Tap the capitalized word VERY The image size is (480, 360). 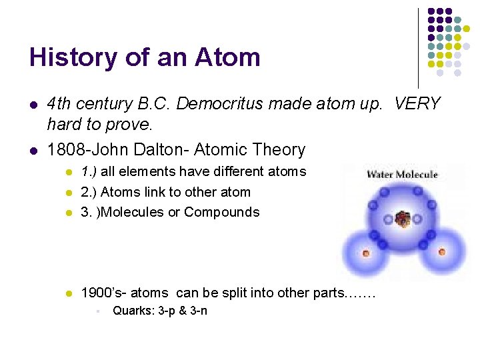coord(417,104)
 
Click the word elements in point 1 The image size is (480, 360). coord(141,172)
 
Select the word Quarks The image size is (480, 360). coord(131,311)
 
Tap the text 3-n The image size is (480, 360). coord(198,311)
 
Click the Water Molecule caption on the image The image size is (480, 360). coord(402,175)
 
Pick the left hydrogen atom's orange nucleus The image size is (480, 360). coord(365,253)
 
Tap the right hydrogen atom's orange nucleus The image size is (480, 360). coord(442,252)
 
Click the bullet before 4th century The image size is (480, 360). coord(33,105)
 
